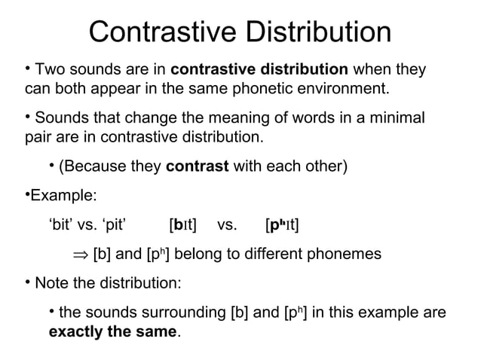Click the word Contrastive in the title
pyautogui.click(x=152, y=32)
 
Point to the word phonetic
pyautogui.click(x=265, y=92)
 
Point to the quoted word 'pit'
pyautogui.click(x=111, y=224)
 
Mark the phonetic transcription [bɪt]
pyautogui.click(x=183, y=224)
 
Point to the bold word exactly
pyautogui.click(x=78, y=331)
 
